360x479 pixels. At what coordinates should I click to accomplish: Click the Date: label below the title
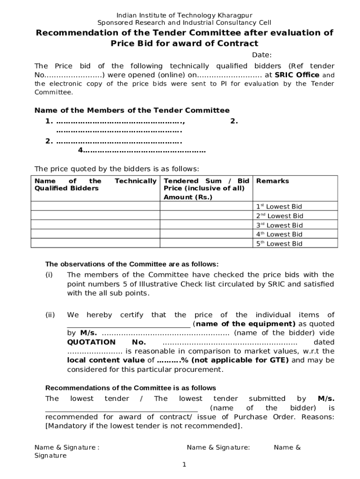click(262, 55)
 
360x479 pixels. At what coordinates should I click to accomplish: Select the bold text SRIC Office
click(297, 75)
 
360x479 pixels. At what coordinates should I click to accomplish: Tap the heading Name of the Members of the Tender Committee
click(132, 110)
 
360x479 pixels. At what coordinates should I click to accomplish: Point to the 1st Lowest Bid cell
click(279, 206)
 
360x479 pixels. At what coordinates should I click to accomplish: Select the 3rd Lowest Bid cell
click(279, 225)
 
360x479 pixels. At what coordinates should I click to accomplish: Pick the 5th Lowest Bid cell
click(279, 244)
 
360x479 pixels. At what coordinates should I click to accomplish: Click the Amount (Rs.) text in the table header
click(188, 197)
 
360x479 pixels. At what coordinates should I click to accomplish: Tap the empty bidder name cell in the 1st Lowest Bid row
click(95, 206)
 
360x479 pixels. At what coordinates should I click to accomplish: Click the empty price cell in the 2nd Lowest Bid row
click(206, 216)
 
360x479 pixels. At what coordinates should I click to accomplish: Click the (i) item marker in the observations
click(49, 275)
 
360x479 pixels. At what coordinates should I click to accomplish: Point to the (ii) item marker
click(50, 315)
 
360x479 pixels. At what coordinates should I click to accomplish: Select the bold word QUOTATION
click(92, 342)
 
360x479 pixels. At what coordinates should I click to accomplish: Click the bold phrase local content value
click(106, 360)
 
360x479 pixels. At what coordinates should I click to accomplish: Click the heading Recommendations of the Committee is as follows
click(130, 388)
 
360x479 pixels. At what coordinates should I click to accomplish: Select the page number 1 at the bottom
click(184, 464)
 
